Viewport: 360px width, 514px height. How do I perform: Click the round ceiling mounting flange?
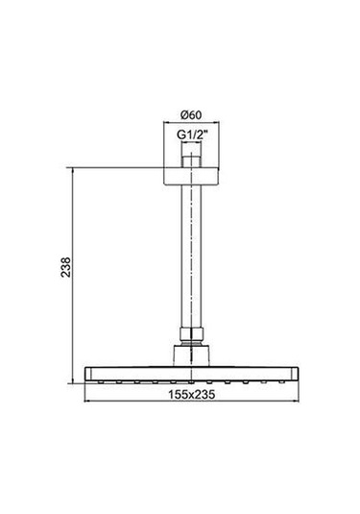click(x=192, y=173)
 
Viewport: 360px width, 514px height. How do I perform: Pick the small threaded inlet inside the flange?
click(x=192, y=158)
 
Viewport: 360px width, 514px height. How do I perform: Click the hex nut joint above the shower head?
click(x=192, y=337)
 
